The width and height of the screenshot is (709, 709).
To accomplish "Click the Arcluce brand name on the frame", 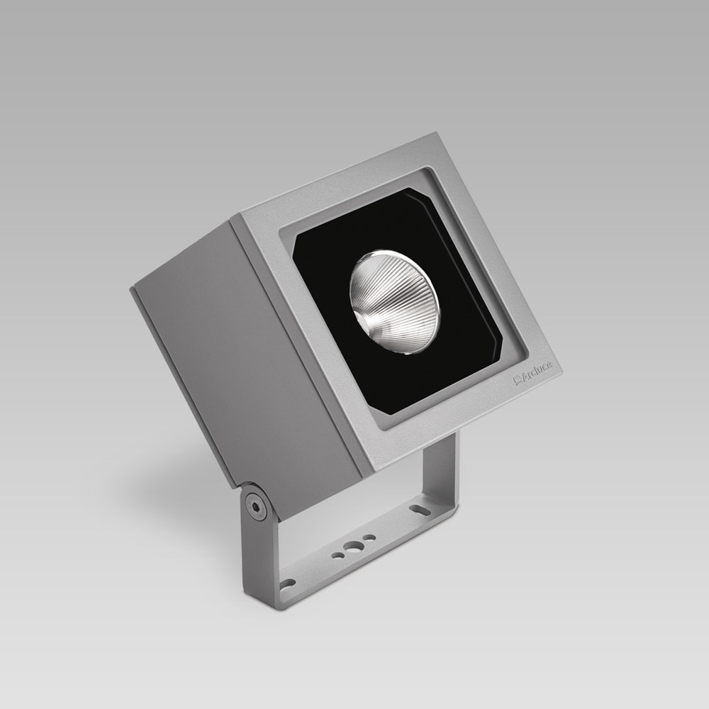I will click(x=537, y=373).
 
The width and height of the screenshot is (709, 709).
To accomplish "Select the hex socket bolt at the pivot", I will click(x=255, y=506).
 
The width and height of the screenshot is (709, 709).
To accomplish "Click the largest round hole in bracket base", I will click(x=352, y=547).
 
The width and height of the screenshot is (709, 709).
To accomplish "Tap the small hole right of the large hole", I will click(x=369, y=538).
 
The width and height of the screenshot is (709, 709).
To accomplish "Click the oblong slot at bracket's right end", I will click(x=418, y=508).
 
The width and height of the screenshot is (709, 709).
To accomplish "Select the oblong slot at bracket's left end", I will click(x=287, y=583).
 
